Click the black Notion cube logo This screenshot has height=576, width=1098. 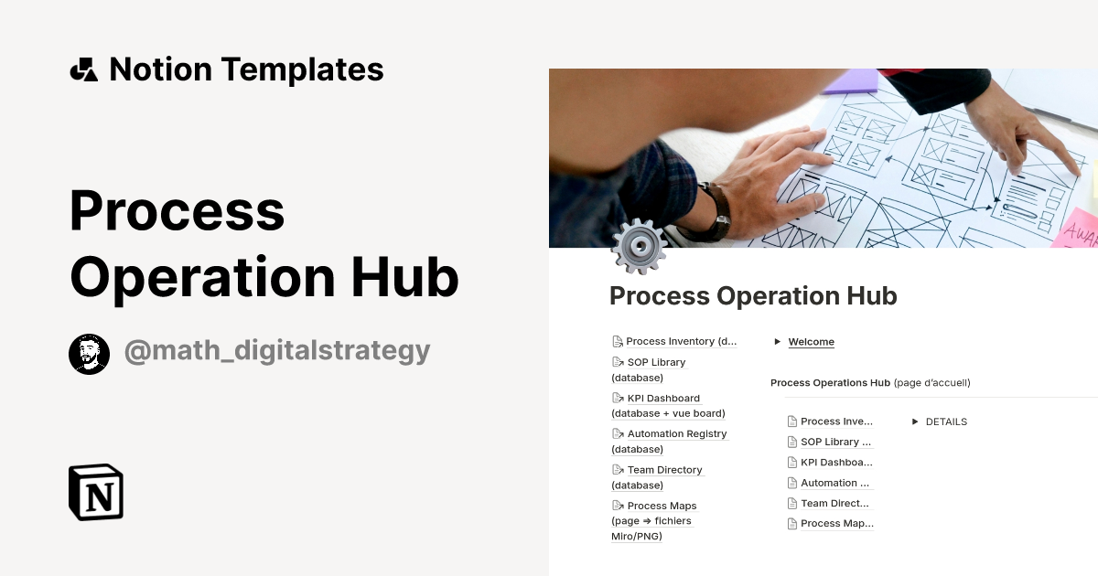(x=96, y=492)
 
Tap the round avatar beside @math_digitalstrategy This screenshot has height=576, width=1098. (x=89, y=354)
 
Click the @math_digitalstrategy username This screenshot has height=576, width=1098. (x=276, y=351)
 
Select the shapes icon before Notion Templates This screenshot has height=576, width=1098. (x=83, y=69)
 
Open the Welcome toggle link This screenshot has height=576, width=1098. (x=811, y=342)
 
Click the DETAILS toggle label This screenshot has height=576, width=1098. (x=946, y=422)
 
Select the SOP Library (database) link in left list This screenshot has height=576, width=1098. (x=656, y=362)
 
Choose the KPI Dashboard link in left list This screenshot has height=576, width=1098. (x=663, y=399)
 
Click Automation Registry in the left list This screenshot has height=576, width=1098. (x=676, y=434)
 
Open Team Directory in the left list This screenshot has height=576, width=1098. (x=664, y=470)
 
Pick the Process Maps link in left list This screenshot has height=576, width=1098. (x=662, y=506)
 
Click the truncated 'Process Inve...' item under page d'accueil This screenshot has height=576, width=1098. (x=836, y=421)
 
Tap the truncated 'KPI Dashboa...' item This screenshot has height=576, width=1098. (x=836, y=463)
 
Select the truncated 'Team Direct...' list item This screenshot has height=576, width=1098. (x=834, y=503)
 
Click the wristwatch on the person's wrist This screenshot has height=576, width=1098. (x=713, y=212)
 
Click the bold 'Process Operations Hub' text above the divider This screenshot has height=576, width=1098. (x=830, y=383)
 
